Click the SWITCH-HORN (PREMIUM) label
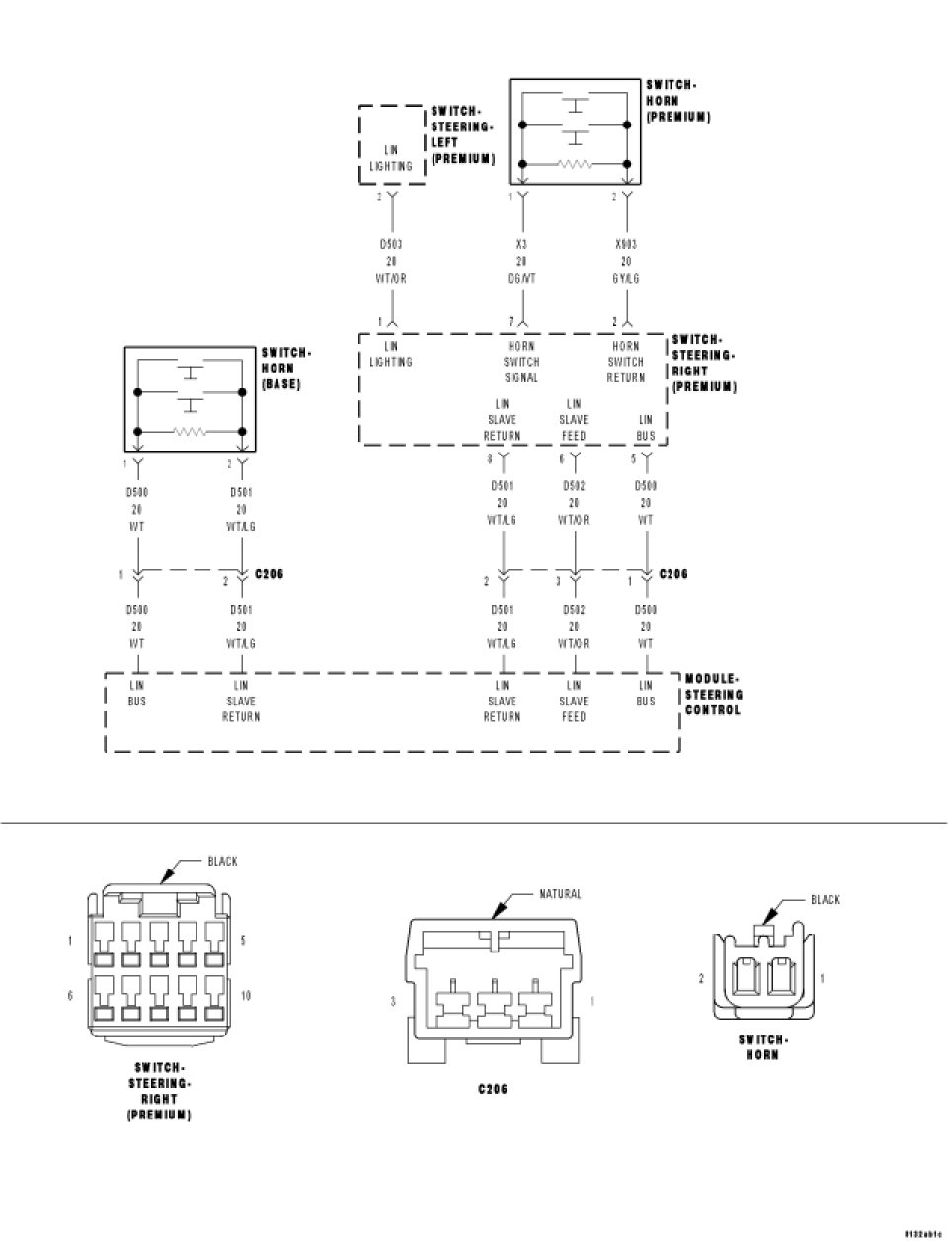[677, 101]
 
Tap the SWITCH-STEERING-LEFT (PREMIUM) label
[462, 135]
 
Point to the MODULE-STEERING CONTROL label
[713, 695]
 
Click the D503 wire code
[391, 244]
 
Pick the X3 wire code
[520, 244]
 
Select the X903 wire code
[625, 244]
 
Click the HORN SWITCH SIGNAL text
[521, 362]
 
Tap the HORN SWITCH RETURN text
[626, 362]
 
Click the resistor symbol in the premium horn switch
[575, 166]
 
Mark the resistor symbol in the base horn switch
[191, 432]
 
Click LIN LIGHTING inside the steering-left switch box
[391, 158]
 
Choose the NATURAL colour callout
[560, 894]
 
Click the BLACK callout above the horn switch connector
[825, 899]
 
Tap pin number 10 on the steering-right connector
[246, 996]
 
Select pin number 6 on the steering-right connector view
[70, 996]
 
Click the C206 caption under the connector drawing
[493, 1090]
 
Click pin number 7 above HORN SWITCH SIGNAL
[511, 323]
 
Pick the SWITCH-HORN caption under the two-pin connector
[762, 1047]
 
